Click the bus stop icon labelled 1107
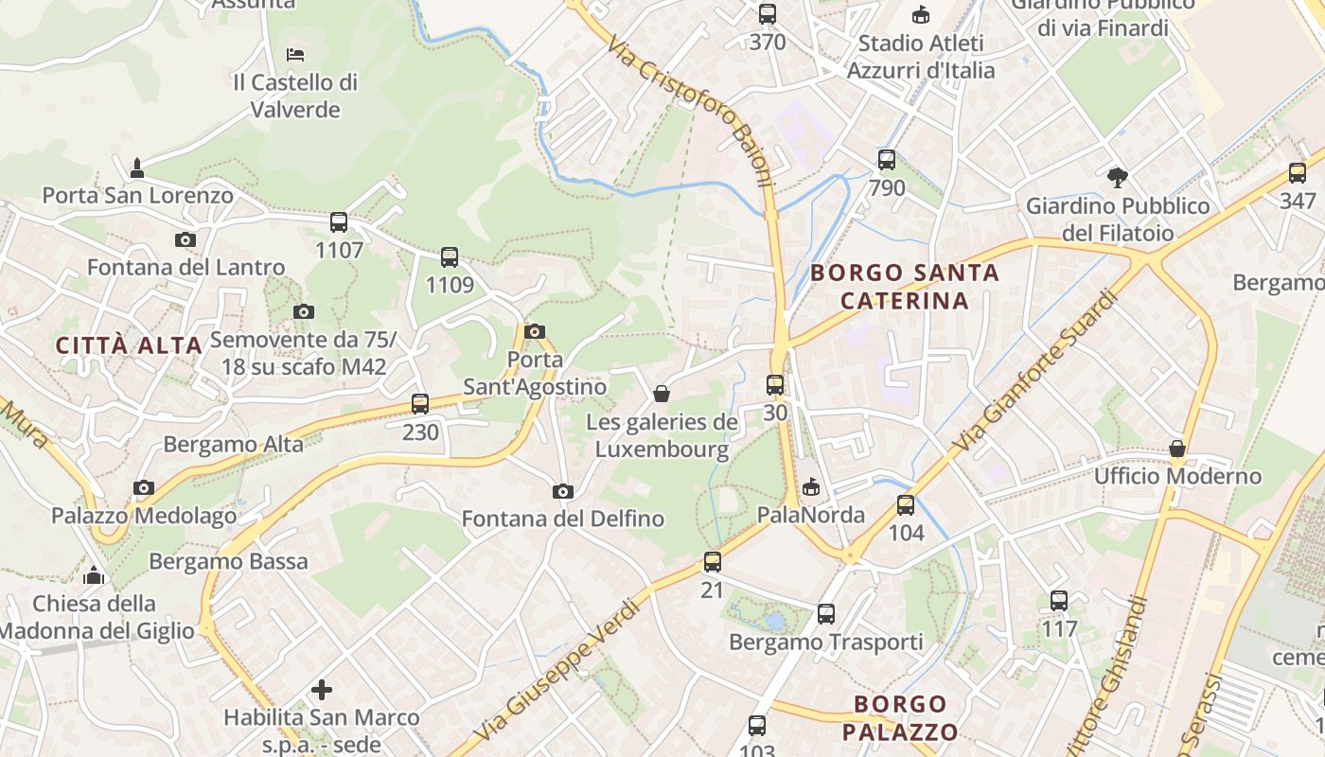339,222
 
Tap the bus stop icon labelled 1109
450,256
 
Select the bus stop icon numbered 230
420,404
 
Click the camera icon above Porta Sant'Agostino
535,331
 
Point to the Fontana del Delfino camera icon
563,491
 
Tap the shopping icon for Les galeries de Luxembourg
662,394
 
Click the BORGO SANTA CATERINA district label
905,287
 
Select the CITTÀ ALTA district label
129,345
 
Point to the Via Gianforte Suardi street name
1036,371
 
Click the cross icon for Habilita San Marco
322,690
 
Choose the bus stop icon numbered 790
887,160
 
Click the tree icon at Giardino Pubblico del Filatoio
1118,177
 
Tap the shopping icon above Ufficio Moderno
1177,449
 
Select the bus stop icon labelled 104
906,504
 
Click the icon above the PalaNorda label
810,487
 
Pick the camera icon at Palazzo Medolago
144,488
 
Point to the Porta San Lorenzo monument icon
137,168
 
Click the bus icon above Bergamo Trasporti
826,614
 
